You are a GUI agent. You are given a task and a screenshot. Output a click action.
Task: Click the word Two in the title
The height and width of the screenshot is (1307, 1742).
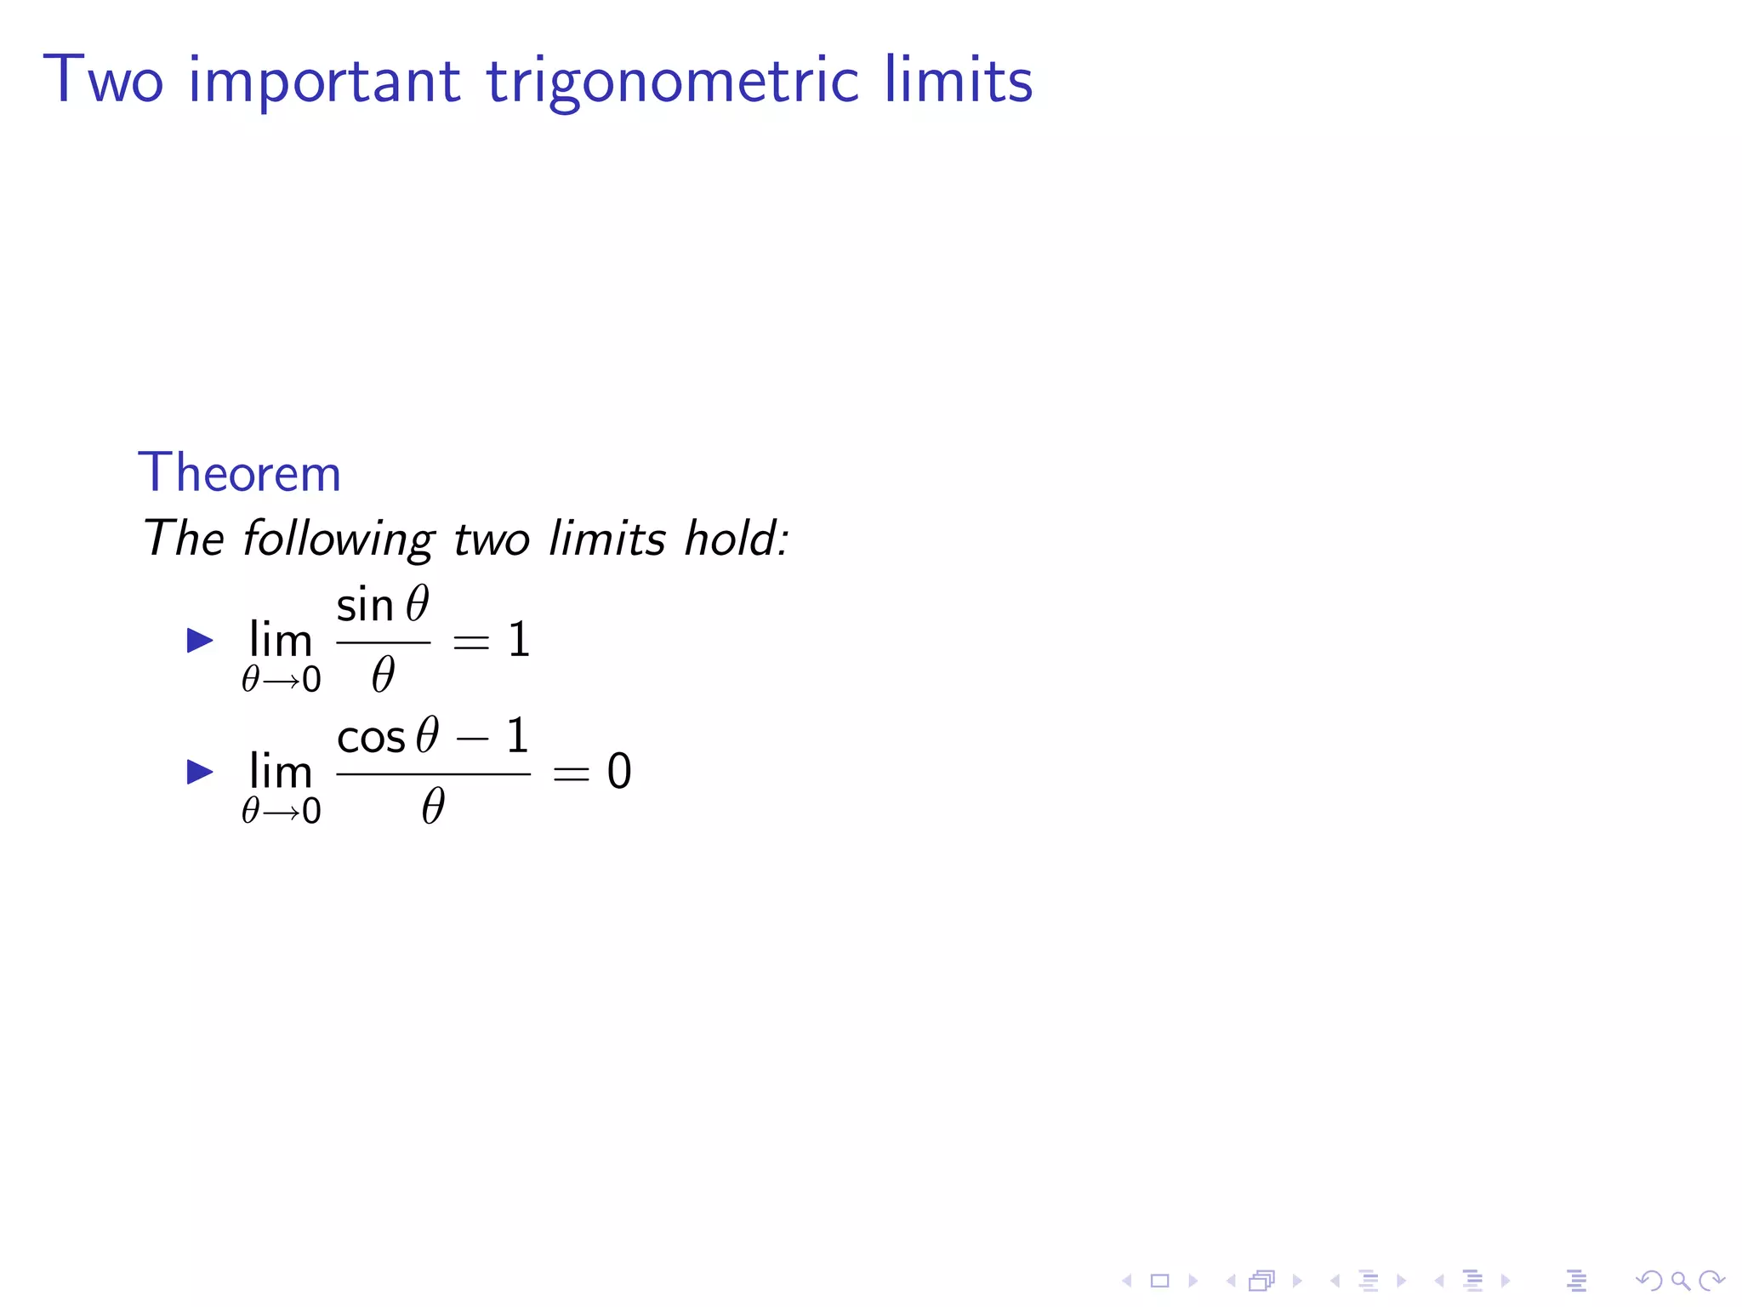click(103, 80)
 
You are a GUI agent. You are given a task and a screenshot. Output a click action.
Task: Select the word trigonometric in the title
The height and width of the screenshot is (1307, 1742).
click(672, 83)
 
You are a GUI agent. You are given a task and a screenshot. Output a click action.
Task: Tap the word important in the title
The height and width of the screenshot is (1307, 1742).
click(324, 83)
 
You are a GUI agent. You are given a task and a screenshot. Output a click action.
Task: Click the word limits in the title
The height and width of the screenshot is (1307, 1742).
click(958, 80)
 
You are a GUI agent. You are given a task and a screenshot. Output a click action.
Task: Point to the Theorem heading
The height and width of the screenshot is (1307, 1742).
click(239, 473)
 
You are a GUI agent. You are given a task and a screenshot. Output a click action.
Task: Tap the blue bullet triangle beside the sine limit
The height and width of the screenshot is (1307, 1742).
click(199, 640)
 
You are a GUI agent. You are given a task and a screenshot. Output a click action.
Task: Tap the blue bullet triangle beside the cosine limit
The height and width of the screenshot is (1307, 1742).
click(199, 772)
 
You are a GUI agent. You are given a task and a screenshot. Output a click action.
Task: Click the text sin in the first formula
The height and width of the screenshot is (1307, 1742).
click(365, 606)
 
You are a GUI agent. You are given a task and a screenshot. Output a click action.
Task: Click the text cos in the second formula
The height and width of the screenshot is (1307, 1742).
click(371, 738)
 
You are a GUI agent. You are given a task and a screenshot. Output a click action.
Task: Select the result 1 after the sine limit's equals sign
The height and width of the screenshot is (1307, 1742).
click(519, 640)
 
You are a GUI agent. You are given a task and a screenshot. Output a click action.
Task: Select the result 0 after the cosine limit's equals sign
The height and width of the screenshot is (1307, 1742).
click(619, 772)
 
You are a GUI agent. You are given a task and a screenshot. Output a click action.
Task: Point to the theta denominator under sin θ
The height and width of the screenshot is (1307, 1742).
click(383, 676)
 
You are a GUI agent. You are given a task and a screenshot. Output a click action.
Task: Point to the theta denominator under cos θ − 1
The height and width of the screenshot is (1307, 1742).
click(433, 807)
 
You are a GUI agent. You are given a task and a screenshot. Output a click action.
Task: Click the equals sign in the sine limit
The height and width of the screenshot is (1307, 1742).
click(471, 642)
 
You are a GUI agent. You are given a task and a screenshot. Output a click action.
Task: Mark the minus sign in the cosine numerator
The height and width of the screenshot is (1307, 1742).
click(473, 738)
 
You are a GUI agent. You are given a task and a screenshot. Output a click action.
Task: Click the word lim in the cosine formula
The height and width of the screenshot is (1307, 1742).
click(281, 772)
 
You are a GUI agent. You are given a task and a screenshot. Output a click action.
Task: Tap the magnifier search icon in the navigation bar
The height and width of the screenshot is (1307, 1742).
click(1680, 1281)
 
